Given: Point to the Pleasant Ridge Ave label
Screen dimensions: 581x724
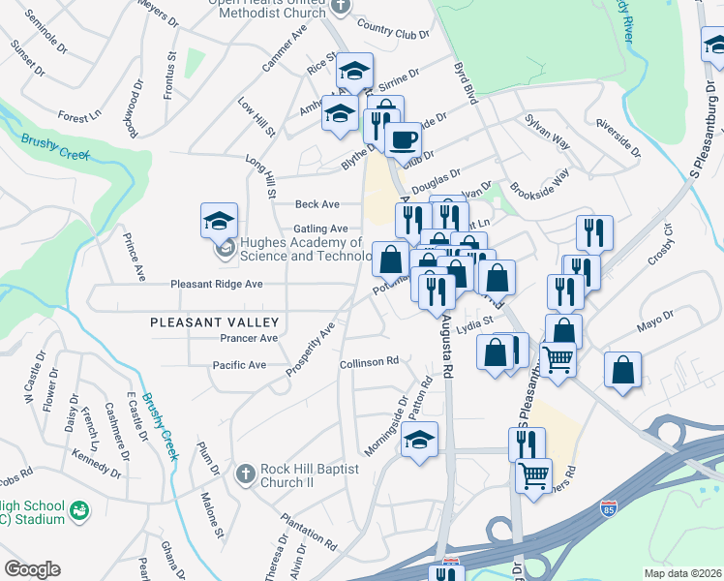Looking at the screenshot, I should click(x=217, y=285).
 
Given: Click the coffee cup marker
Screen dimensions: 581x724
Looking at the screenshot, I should click(x=402, y=138).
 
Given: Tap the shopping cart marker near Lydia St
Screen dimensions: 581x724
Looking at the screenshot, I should click(x=558, y=358).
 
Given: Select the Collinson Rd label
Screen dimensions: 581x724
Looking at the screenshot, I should click(x=369, y=362).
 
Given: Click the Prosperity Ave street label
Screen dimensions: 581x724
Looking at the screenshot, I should click(x=310, y=349).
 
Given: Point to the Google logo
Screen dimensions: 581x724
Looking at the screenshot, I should click(x=32, y=569).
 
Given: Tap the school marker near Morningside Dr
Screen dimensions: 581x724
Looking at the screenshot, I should click(x=419, y=439).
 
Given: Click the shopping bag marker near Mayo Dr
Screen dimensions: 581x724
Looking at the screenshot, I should click(x=622, y=370).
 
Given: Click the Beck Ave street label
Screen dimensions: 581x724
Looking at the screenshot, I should click(x=317, y=204).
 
